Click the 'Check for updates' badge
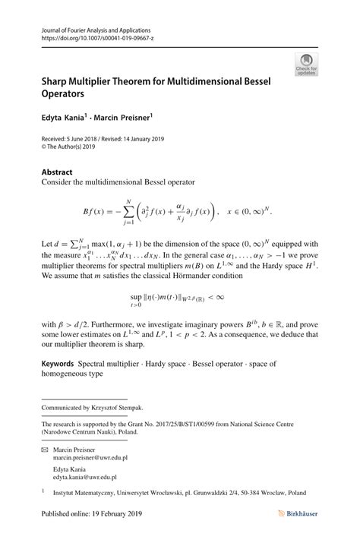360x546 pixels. [308, 64]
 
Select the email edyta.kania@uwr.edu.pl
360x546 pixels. [84, 478]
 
